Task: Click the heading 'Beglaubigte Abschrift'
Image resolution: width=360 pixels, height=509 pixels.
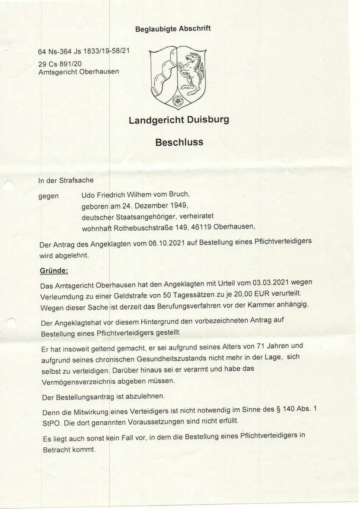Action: click(x=173, y=29)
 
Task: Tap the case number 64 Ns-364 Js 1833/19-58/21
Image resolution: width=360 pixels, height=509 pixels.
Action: click(x=84, y=51)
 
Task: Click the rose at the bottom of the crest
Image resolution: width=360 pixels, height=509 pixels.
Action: click(x=177, y=101)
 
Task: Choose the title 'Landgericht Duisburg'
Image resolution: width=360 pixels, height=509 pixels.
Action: click(x=179, y=120)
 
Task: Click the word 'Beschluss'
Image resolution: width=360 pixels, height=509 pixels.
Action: click(x=179, y=142)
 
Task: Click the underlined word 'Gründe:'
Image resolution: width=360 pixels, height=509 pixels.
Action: click(x=54, y=271)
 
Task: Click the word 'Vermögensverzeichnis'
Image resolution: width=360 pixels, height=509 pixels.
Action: click(x=76, y=382)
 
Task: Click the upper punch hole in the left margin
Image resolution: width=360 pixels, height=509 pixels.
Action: click(x=8, y=186)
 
